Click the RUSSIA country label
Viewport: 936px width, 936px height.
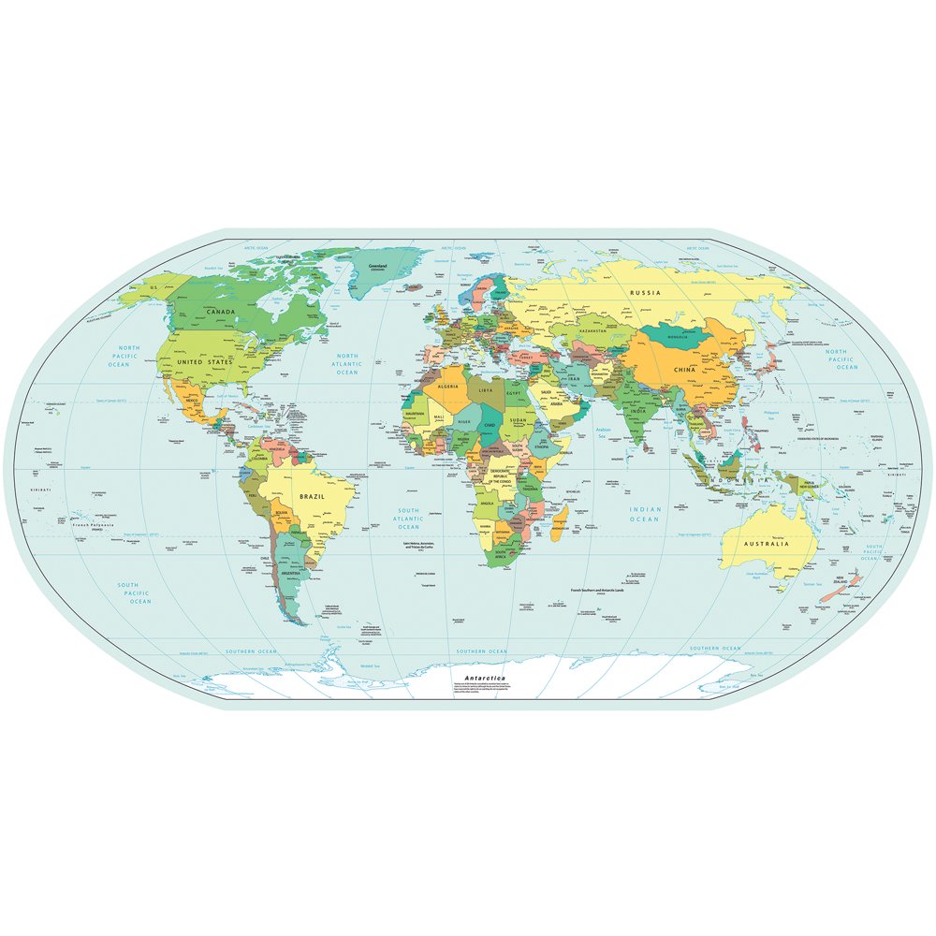tap(645, 293)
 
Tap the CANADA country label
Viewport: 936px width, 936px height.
tap(221, 312)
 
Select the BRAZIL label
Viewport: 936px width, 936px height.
tap(311, 497)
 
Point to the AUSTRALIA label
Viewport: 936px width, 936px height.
tap(767, 544)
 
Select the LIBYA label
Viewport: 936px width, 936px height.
tap(486, 389)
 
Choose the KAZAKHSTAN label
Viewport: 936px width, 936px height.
tap(594, 331)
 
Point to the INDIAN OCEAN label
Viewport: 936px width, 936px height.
tap(644, 514)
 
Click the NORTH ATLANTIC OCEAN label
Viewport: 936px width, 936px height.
tap(347, 364)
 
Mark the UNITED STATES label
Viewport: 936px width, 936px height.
tap(203, 361)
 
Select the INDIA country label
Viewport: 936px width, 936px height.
tap(637, 412)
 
